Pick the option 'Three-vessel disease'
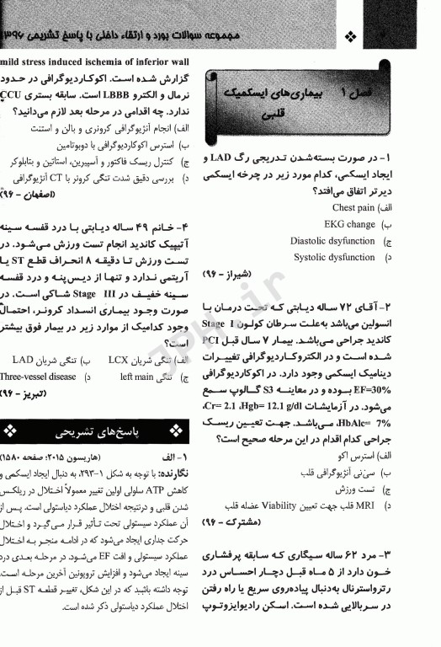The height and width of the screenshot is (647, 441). click(38, 377)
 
